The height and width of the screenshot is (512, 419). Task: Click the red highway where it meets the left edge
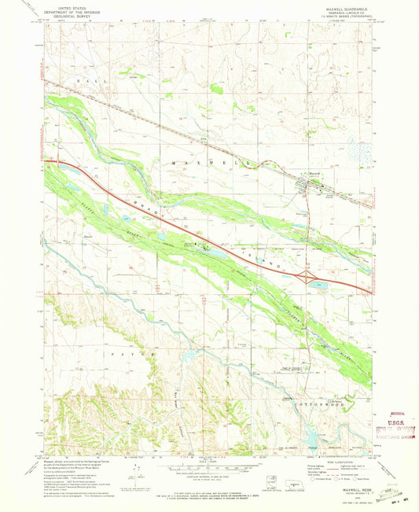47,164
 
